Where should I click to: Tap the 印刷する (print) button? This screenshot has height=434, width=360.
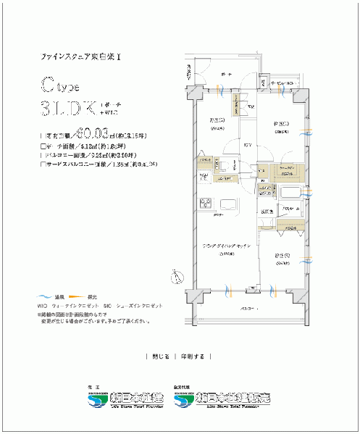click(193, 356)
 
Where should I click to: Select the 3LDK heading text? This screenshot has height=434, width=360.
click(70, 109)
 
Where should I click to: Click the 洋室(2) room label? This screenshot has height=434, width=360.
click(282, 256)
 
